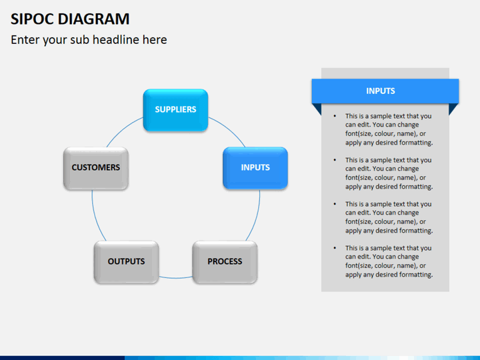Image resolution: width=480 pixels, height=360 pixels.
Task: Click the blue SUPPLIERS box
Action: pyautogui.click(x=175, y=109)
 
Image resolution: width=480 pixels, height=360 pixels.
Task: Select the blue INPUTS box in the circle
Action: pyautogui.click(x=255, y=167)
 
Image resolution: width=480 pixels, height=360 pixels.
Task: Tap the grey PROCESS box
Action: pyautogui.click(x=225, y=261)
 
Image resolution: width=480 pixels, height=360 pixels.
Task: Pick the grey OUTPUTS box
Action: pyautogui.click(x=126, y=261)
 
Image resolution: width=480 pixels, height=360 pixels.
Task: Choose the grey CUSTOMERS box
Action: pyautogui.click(x=96, y=167)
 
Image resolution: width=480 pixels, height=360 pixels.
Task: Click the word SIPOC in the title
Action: pyautogui.click(x=33, y=19)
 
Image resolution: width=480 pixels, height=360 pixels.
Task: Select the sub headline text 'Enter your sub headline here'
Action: pyautogui.click(x=89, y=40)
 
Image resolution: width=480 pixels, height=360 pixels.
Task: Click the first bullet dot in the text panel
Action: pyautogui.click(x=335, y=116)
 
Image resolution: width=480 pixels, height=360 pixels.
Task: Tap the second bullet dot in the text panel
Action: pyautogui.click(x=335, y=160)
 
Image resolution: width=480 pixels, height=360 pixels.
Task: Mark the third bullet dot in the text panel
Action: pyautogui.click(x=335, y=204)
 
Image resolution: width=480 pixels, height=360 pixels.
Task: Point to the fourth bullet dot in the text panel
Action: pyautogui.click(x=335, y=248)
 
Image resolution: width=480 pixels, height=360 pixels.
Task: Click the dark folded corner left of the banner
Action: pyautogui.click(x=317, y=109)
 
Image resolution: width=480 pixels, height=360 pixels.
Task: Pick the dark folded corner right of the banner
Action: pyautogui.click(x=453, y=109)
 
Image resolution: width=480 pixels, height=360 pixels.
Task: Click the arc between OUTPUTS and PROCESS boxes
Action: pyautogui.click(x=175, y=277)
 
